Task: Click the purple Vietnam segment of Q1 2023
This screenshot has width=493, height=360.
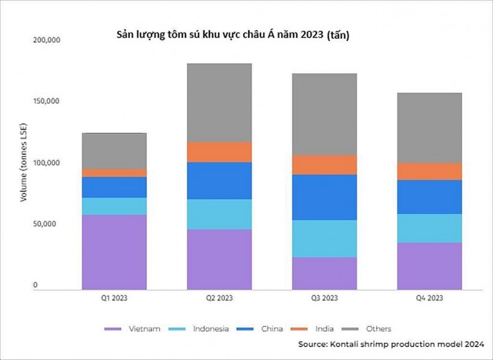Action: click(x=114, y=252)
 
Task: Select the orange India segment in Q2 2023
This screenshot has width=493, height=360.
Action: click(x=219, y=152)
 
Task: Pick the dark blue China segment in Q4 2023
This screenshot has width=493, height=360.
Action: click(x=429, y=197)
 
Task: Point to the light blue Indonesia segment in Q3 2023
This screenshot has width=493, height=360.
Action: click(x=324, y=238)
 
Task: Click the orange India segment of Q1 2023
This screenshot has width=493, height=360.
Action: click(x=114, y=173)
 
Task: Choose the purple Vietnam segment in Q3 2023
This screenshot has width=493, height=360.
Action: click(x=324, y=272)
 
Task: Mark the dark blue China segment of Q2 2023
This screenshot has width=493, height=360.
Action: click(x=219, y=181)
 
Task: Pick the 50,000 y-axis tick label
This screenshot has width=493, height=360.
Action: click(x=47, y=224)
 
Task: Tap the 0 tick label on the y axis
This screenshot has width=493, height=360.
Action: click(x=36, y=285)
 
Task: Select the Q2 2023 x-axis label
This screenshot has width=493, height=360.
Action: click(x=219, y=298)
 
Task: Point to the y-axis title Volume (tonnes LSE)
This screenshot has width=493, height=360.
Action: click(x=24, y=162)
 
